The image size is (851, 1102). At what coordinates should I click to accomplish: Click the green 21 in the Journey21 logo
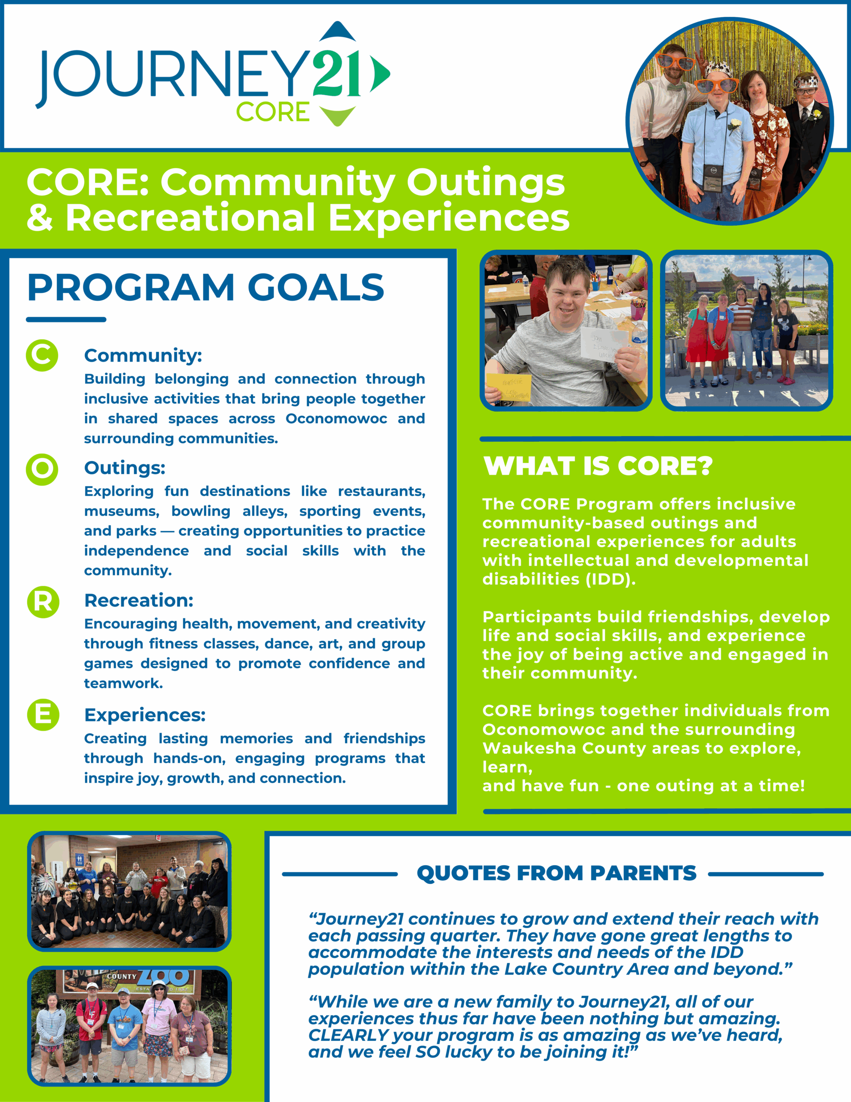point(336,74)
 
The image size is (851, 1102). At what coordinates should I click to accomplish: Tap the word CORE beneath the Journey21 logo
point(272,112)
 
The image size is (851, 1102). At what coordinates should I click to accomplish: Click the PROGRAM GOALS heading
point(205,288)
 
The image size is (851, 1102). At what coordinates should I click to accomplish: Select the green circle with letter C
point(42,355)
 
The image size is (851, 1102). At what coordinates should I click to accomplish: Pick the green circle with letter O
point(42,469)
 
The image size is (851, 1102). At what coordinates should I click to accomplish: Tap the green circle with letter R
point(43,601)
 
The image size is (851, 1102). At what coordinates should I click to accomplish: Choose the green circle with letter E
point(43,715)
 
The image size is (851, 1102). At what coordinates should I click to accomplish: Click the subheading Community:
point(143,355)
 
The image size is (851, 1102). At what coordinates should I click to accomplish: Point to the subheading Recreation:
point(139,601)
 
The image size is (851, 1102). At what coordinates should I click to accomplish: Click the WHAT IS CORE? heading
point(598,466)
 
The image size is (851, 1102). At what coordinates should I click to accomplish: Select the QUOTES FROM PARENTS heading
point(556,873)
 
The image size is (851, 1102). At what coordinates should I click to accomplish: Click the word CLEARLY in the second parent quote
point(348,1035)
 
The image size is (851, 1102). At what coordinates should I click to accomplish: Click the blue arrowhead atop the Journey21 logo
point(337,31)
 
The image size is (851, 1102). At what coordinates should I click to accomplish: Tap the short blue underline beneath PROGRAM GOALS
point(66,319)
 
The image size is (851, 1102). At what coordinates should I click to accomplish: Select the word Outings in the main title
point(485,182)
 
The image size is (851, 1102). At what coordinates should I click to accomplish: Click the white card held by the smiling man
point(600,345)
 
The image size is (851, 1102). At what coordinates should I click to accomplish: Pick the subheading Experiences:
point(145,715)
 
